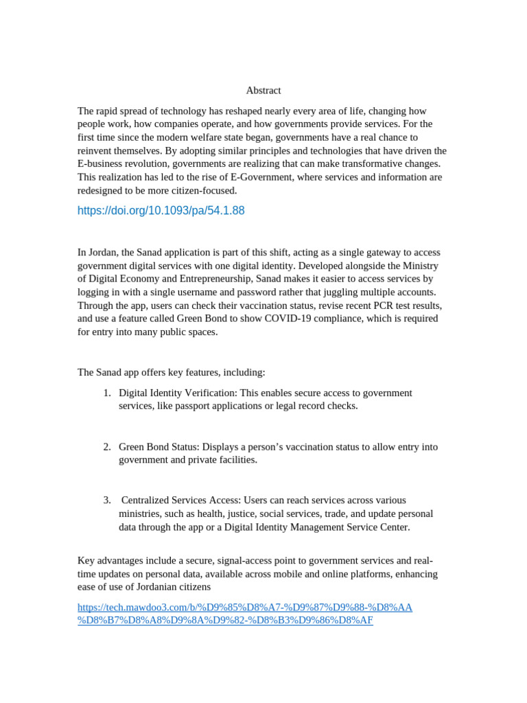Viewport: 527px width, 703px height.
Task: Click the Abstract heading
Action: click(263, 91)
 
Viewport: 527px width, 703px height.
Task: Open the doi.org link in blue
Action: click(161, 211)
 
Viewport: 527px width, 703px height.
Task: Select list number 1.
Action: click(106, 393)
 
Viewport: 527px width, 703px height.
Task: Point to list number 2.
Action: click(106, 447)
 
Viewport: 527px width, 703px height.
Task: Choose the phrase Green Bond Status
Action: click(159, 447)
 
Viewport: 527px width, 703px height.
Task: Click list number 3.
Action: click(106, 500)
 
